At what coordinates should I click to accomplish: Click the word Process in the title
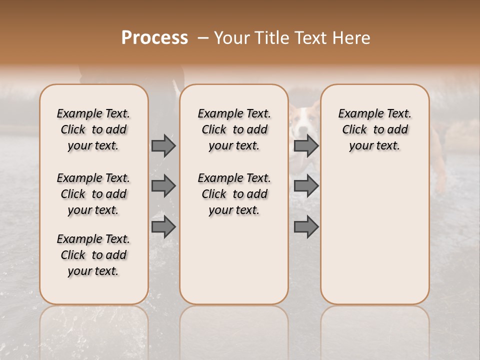pyautogui.click(x=154, y=38)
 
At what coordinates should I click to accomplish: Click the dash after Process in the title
pyautogui.click(x=202, y=38)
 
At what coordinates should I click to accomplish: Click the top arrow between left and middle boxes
pyautogui.click(x=163, y=145)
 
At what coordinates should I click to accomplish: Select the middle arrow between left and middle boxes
pyautogui.click(x=163, y=186)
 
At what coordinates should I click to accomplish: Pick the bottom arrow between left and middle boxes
pyautogui.click(x=163, y=227)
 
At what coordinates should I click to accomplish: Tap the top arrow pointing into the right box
pyautogui.click(x=306, y=145)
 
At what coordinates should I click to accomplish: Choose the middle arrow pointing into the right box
pyautogui.click(x=306, y=186)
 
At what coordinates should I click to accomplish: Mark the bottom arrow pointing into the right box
pyautogui.click(x=306, y=227)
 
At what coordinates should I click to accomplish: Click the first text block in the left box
pyautogui.click(x=93, y=129)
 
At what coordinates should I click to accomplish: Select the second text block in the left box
pyautogui.click(x=93, y=194)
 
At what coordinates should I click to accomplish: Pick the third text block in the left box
pyautogui.click(x=93, y=255)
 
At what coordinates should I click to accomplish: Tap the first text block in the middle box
pyautogui.click(x=234, y=129)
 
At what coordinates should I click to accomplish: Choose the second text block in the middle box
pyautogui.click(x=234, y=194)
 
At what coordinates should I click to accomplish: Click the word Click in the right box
pyautogui.click(x=354, y=129)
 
